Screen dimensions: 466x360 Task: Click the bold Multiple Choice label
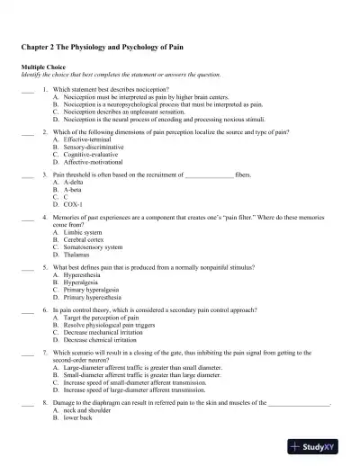(x=41, y=67)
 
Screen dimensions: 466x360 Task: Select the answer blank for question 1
(x=26, y=91)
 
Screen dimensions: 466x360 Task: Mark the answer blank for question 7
(x=26, y=353)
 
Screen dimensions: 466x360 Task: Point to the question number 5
(x=44, y=268)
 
